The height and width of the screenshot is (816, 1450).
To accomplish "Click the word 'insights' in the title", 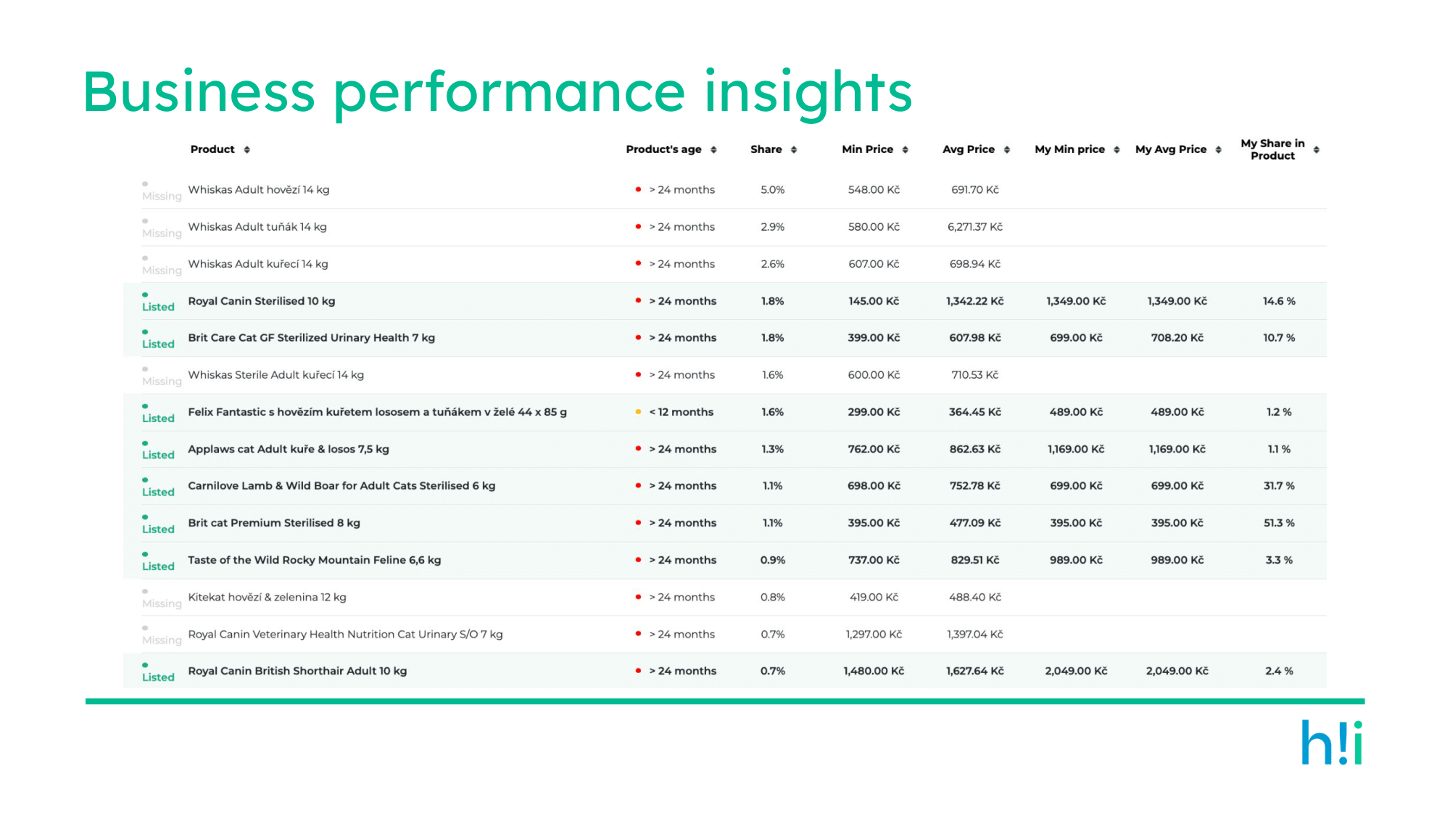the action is coord(808,93).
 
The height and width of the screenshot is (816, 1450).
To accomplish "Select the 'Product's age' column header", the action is coord(663,149).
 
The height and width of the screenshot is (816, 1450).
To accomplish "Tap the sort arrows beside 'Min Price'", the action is coord(905,149).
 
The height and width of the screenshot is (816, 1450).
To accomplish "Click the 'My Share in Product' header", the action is coord(1272,149).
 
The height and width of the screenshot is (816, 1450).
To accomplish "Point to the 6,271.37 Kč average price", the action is coord(975,227).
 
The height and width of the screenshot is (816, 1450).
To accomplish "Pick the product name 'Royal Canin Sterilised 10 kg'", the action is coord(261,301).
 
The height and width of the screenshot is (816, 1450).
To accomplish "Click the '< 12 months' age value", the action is coord(681,412).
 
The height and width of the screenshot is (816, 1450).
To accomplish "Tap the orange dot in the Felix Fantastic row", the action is coord(638,412).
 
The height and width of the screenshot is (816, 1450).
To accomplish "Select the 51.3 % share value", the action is coord(1279,523).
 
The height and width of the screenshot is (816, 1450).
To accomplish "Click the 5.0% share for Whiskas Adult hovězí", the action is coord(773,190).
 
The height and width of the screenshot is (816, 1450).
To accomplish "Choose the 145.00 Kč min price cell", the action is coord(874,301).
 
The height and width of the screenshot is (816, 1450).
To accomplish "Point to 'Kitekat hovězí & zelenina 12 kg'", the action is coord(267,597).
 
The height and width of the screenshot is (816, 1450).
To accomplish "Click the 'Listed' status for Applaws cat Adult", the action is coord(158,455).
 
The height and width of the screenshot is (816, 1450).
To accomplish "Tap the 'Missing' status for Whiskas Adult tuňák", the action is coord(162,233).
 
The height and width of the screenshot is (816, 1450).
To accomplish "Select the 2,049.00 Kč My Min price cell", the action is coord(1076,671).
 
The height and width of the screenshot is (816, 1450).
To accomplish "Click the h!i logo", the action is coord(1332,742).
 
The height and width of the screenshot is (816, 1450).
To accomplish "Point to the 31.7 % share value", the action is coord(1279,486).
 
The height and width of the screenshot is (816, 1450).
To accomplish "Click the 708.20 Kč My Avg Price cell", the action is coord(1177,338).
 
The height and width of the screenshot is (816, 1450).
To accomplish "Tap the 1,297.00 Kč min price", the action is coord(874,634).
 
